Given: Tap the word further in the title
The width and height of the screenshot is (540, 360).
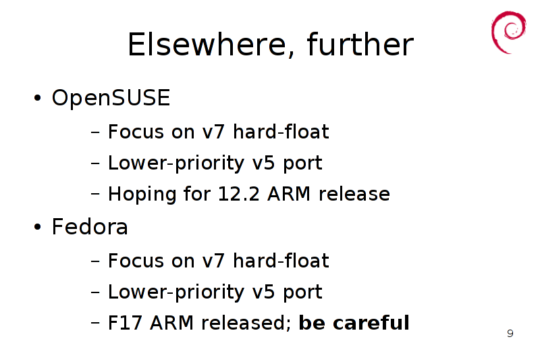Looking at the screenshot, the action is (360, 44).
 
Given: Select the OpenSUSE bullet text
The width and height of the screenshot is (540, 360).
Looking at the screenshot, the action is (111, 97).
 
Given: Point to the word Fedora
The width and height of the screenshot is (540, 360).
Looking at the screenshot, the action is (90, 227).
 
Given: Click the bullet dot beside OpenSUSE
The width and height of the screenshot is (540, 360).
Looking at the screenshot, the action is (38, 98).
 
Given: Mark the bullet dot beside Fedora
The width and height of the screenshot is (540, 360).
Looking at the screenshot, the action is (38, 227).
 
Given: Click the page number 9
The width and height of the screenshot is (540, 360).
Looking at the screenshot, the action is (510, 334).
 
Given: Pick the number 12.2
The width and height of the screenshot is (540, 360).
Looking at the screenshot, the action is (239, 194).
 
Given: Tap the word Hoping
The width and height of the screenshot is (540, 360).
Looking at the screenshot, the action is (142, 195).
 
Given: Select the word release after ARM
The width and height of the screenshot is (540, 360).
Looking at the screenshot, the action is (354, 194).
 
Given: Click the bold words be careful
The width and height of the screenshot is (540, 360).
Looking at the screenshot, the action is (354, 323).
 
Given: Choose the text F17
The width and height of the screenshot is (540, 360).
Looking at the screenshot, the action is (126, 323).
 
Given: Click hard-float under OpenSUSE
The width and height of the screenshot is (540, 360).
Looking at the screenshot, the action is (281, 132).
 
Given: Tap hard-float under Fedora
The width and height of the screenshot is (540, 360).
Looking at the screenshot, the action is (281, 261).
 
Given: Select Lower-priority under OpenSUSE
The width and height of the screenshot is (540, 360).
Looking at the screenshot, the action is (176, 163).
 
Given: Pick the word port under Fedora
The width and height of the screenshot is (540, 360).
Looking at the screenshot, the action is (302, 292).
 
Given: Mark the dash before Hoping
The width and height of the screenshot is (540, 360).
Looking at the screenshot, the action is (95, 194).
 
